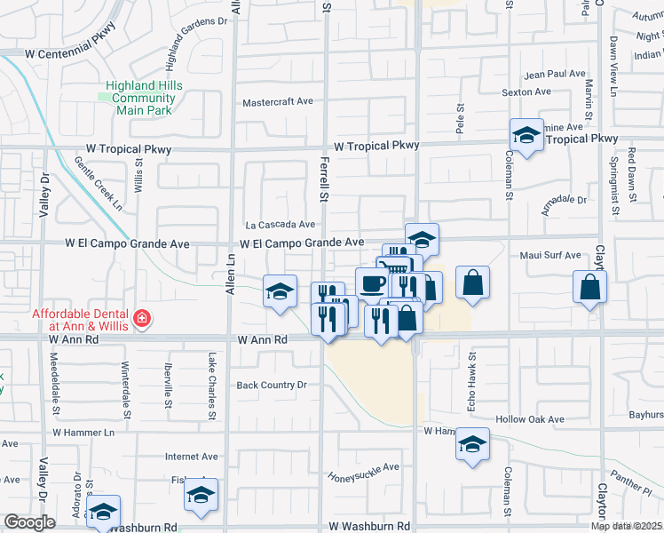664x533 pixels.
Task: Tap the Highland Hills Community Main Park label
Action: (x=144, y=98)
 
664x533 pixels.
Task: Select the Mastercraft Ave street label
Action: (x=278, y=101)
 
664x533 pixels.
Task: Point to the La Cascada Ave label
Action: (x=281, y=225)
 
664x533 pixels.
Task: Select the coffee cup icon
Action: (x=371, y=282)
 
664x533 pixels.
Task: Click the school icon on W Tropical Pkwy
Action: (x=526, y=136)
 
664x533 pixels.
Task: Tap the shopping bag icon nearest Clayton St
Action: (x=589, y=287)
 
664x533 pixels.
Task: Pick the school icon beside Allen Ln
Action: (x=279, y=290)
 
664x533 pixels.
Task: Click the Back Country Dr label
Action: (x=271, y=385)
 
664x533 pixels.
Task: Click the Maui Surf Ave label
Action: (x=550, y=256)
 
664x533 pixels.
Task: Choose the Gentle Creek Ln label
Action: (x=98, y=184)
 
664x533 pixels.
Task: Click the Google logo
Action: (x=28, y=522)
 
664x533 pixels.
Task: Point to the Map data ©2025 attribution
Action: (x=626, y=525)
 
